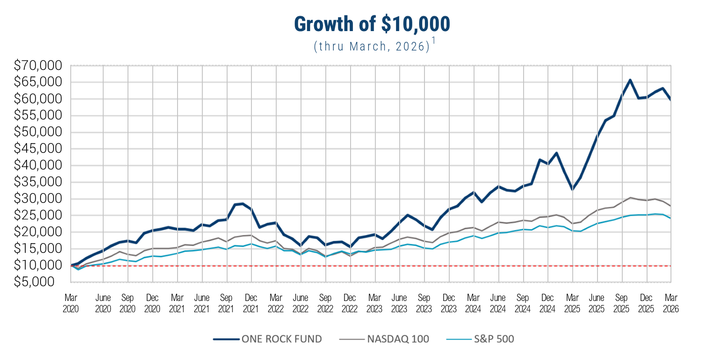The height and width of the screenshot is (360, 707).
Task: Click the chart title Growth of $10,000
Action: [x=372, y=24]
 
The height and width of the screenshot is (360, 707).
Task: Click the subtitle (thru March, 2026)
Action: [x=371, y=46]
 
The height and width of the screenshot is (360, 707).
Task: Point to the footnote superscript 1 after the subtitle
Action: [x=433, y=41]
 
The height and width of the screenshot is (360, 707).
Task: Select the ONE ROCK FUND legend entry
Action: [x=268, y=339]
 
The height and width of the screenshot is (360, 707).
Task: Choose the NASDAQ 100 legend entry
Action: [x=384, y=339]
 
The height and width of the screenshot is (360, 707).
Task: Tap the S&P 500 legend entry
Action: [x=480, y=339]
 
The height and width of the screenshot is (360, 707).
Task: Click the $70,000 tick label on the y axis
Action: [x=38, y=66]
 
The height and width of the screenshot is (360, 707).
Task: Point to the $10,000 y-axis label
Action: [x=38, y=265]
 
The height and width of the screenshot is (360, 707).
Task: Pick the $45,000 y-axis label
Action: [x=38, y=149]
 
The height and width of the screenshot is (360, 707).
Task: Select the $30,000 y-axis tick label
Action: [x=38, y=199]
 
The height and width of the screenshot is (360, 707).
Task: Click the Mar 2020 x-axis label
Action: [x=71, y=303]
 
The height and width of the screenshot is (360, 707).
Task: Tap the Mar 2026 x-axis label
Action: [x=671, y=303]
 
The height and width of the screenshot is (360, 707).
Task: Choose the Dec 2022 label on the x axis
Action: [x=350, y=303]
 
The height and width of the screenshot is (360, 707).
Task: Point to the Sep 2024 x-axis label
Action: [x=523, y=303]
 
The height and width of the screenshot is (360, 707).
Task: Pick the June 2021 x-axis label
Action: [x=202, y=303]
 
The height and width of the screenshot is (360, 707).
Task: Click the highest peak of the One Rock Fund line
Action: [x=630, y=80]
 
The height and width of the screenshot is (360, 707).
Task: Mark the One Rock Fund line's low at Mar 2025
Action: [x=572, y=189]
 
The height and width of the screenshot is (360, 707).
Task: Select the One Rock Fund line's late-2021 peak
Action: [x=243, y=204]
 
